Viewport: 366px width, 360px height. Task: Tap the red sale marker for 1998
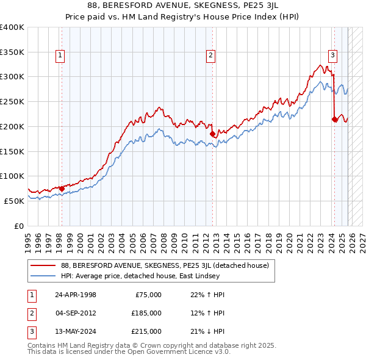pyautogui.click(x=62, y=189)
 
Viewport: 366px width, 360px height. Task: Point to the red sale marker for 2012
pyautogui.click(x=212, y=134)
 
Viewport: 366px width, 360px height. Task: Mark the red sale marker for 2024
pyautogui.click(x=334, y=119)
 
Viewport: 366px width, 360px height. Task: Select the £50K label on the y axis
pyautogui.click(x=15, y=201)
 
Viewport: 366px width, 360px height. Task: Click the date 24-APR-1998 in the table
pyautogui.click(x=75, y=295)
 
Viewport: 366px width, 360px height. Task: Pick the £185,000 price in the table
pyautogui.click(x=146, y=313)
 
